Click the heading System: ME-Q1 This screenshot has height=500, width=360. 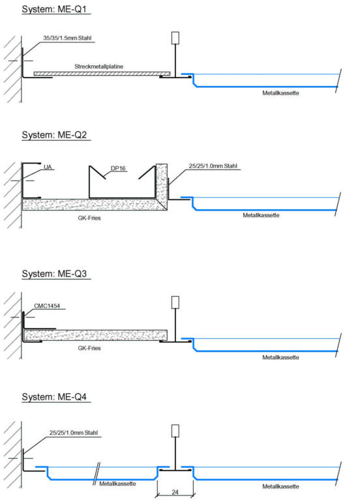54,9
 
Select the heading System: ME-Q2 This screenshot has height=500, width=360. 54,135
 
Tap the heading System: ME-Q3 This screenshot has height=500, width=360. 54,274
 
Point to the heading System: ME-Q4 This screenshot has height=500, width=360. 54,397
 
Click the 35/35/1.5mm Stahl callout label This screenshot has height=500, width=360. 67,38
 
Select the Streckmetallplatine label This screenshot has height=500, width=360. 98,66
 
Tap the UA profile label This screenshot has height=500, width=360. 48,167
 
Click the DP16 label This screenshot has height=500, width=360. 118,168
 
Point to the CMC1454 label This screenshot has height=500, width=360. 47,306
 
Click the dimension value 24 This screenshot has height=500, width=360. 175,492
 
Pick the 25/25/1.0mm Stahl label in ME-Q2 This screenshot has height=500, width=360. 213,166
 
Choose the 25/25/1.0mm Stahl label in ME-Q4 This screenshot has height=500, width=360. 74,433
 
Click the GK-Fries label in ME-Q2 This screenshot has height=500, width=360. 89,218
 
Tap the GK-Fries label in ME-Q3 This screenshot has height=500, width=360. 89,348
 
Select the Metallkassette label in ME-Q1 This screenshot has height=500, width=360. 280,93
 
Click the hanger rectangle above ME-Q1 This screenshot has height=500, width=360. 175,38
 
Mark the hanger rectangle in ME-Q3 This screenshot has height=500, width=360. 175,302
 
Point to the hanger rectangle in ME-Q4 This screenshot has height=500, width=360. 175,431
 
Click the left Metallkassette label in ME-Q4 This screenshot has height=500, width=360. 117,484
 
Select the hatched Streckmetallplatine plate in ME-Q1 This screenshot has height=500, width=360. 102,74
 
